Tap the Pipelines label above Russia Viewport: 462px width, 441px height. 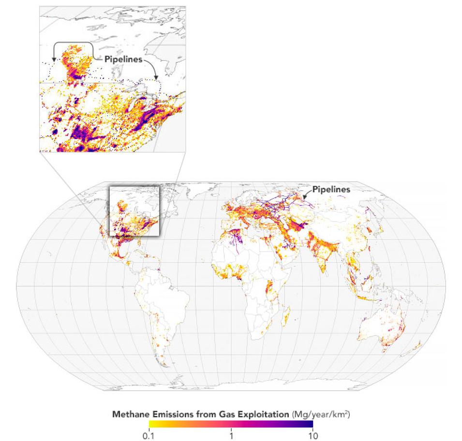pyautogui.click(x=331, y=189)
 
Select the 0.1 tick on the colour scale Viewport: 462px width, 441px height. pyautogui.click(x=149, y=434)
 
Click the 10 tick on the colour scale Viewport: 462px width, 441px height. pyautogui.click(x=313, y=434)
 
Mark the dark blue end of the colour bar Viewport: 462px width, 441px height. pyautogui.click(x=310, y=425)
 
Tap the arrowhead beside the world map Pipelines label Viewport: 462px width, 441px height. pyautogui.click(x=304, y=197)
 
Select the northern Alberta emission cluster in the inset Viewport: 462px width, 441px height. pyautogui.click(x=75, y=60)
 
